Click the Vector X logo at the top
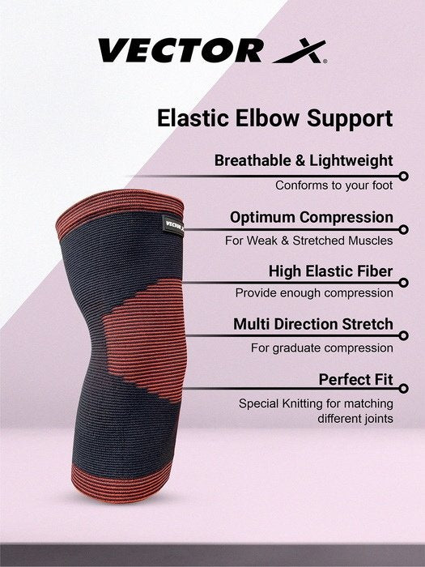[x=212, y=51]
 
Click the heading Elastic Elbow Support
[x=274, y=118]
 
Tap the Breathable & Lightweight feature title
[x=304, y=160]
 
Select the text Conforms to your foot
[x=334, y=185]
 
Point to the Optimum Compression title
[x=311, y=217]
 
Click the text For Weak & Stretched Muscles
[x=308, y=241]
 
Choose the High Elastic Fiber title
[x=330, y=271]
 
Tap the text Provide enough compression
[x=314, y=293]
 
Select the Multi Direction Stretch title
[x=313, y=324]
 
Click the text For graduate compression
[x=321, y=348]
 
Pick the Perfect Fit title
[x=355, y=379]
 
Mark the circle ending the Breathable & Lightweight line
[x=403, y=174]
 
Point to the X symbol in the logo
[x=300, y=52]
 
